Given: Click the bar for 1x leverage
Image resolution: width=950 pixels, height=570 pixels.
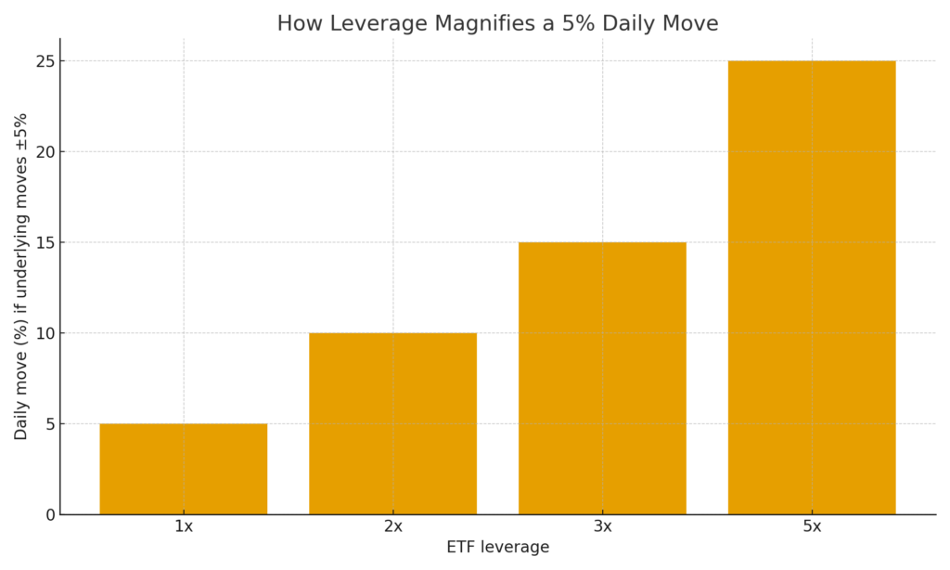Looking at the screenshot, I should pyautogui.click(x=183, y=469).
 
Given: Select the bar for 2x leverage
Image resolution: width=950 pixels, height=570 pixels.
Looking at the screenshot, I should pyautogui.click(x=392, y=423).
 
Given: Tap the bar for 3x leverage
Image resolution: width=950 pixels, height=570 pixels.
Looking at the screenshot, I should pyautogui.click(x=602, y=378).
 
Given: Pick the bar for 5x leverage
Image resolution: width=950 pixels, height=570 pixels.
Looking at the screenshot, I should pyautogui.click(x=812, y=288).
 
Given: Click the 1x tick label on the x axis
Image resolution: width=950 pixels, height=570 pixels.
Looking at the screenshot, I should pyautogui.click(x=183, y=526).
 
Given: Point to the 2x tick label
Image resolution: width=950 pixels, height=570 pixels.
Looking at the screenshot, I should pyautogui.click(x=392, y=526).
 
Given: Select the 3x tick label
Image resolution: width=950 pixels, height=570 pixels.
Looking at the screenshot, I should pyautogui.click(x=602, y=526).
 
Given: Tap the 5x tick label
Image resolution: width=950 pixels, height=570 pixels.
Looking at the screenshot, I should pyautogui.click(x=812, y=526).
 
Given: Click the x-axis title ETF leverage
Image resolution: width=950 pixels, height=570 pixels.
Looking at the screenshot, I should pyautogui.click(x=497, y=548).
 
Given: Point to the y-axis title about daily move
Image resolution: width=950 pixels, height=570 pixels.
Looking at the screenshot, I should pyautogui.click(x=20, y=277).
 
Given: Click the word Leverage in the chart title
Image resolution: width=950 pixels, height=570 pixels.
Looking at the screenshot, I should pyautogui.click(x=364, y=24).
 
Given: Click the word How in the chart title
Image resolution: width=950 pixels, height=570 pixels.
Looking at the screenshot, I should pyautogui.click(x=298, y=24).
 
